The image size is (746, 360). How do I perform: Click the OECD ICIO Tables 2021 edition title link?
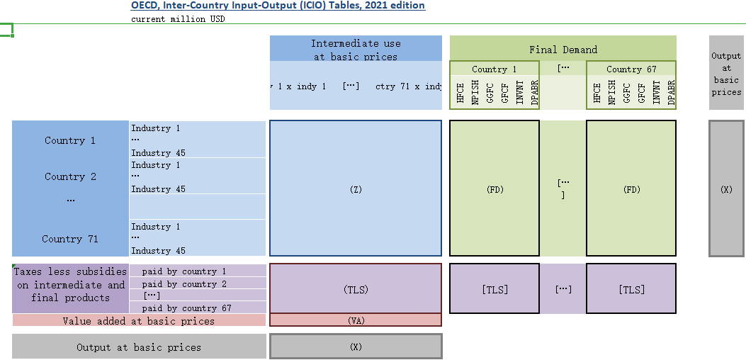click(278, 6)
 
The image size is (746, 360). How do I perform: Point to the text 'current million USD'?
click(178, 19)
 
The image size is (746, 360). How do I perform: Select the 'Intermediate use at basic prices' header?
click(356, 50)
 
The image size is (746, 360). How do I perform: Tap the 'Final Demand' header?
click(563, 50)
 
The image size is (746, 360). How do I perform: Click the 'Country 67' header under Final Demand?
click(631, 69)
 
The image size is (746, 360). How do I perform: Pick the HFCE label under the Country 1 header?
click(460, 94)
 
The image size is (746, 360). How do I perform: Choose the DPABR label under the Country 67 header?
click(671, 94)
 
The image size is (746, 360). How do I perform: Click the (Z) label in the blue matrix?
click(356, 189)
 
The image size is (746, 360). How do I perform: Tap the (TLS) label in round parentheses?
click(356, 289)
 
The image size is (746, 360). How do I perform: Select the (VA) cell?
click(356, 320)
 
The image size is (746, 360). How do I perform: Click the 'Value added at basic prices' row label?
click(138, 321)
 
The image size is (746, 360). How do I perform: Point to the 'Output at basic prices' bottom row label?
click(138, 347)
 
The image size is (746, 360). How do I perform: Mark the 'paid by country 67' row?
click(187, 308)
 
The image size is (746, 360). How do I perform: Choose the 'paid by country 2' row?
click(184, 284)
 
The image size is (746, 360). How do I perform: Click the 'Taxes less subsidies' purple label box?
click(70, 285)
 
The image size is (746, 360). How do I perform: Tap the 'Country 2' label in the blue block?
click(70, 176)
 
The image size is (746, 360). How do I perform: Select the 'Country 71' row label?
click(70, 239)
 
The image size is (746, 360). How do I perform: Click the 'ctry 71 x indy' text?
click(408, 86)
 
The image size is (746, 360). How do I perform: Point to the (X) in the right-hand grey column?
click(726, 189)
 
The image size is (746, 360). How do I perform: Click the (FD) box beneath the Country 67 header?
click(631, 189)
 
